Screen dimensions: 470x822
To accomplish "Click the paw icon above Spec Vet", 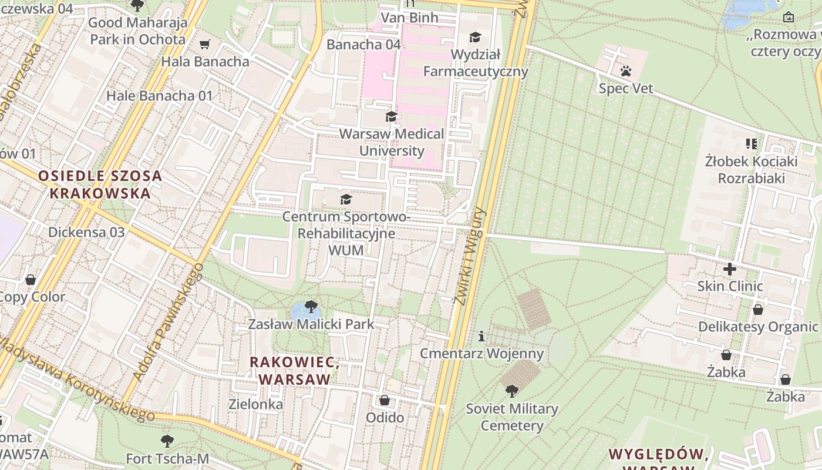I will [x=626, y=72].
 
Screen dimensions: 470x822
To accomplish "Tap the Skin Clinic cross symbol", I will [x=730, y=269].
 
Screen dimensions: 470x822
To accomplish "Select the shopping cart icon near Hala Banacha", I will [x=205, y=44].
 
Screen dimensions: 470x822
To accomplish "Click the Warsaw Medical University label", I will [x=392, y=142].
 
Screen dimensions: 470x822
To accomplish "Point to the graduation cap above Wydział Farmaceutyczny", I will [x=475, y=38].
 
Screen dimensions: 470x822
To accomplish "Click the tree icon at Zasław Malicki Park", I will [x=311, y=306].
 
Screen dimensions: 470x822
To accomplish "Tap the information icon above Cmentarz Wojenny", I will [x=481, y=336].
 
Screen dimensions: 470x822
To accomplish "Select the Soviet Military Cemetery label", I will [x=512, y=417].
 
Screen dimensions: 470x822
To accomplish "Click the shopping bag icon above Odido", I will [x=385, y=400].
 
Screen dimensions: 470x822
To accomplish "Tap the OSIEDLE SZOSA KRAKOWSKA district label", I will [x=100, y=184].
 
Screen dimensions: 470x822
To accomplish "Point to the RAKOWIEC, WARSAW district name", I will [x=295, y=370].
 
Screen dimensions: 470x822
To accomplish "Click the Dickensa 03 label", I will [x=86, y=232].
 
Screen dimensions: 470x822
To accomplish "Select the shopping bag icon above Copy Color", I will [x=31, y=279].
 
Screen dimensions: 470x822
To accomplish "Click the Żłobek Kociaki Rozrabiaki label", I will [x=751, y=169].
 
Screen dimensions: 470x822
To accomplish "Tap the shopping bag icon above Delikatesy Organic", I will [x=758, y=310].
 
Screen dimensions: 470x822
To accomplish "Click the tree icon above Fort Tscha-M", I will [x=167, y=441].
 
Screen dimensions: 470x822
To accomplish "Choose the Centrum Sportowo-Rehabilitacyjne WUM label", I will [x=345, y=233].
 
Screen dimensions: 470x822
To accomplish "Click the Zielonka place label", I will [x=255, y=404].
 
